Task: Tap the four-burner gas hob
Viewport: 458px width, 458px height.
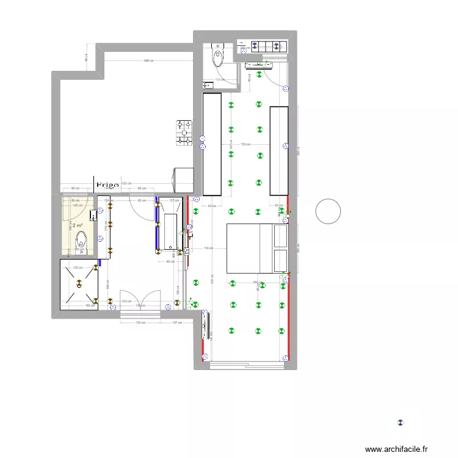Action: click(x=184, y=133)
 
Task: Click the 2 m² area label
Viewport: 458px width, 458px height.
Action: click(x=78, y=226)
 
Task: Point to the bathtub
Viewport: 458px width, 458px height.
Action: click(x=169, y=228)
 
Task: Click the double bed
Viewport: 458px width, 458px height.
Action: click(x=257, y=248)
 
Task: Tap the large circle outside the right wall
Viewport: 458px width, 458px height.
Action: click(x=328, y=212)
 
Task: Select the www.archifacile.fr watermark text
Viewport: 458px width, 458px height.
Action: click(x=397, y=449)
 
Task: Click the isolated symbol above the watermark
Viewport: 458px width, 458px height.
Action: click(x=401, y=422)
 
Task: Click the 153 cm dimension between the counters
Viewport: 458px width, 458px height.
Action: click(x=245, y=144)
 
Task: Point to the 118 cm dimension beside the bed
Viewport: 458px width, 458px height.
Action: click(x=208, y=248)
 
